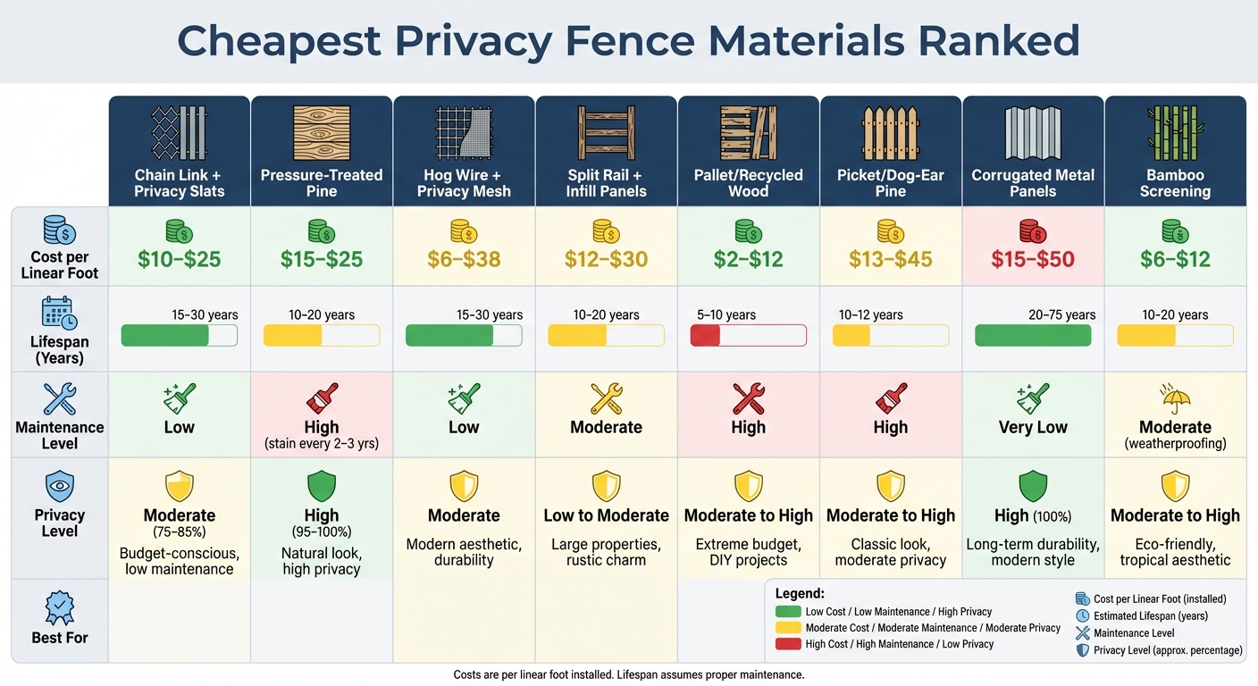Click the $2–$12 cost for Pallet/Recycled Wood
[x=748, y=260]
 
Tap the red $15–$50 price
[x=1033, y=260]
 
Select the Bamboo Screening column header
[x=1175, y=183]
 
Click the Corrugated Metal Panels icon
[x=1032, y=134]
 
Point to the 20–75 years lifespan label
[x=1061, y=314]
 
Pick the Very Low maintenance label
[x=1033, y=427]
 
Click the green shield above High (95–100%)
[x=321, y=487]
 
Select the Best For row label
[x=60, y=638]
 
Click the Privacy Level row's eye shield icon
[x=60, y=487]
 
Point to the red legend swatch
[x=787, y=644]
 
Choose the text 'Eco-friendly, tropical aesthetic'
[x=1175, y=552]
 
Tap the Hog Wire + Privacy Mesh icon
[x=464, y=134]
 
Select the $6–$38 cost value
[x=464, y=260]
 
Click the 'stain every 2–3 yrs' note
[x=321, y=444]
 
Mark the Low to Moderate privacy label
[x=606, y=515]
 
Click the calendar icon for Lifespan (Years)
[x=60, y=313]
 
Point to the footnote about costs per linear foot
[x=629, y=674]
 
